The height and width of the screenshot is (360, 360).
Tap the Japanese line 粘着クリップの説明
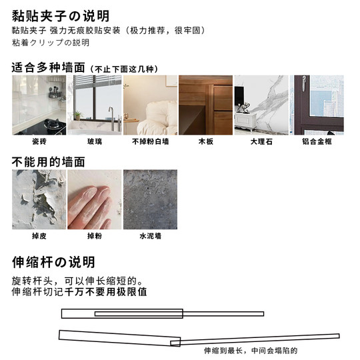(51, 43)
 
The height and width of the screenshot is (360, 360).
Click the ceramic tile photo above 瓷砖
(39, 105)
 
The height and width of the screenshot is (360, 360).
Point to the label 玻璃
(94, 141)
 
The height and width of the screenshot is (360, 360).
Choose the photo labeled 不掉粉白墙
(149, 105)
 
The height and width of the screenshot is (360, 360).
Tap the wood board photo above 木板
(205, 105)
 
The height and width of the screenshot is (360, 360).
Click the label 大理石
(261, 141)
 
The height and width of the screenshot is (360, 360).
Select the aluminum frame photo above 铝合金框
(316, 105)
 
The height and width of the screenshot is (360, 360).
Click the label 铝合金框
(316, 141)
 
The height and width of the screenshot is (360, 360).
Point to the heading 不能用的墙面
(49, 161)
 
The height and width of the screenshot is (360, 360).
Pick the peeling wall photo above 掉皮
(39, 199)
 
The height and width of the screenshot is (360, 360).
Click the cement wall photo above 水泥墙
(149, 199)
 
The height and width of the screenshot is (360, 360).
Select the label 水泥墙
(149, 236)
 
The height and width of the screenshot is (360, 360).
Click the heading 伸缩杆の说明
(53, 262)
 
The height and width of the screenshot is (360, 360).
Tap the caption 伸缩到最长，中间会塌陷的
(250, 350)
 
